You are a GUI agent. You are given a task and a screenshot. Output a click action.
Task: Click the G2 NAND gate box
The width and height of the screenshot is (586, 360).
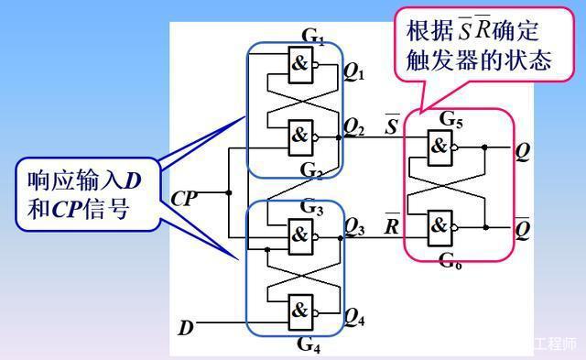[x=301, y=135]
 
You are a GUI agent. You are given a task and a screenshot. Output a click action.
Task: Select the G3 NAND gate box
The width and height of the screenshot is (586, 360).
[x=301, y=233]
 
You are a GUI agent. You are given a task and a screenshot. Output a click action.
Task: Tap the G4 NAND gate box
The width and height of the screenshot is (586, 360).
[x=301, y=309]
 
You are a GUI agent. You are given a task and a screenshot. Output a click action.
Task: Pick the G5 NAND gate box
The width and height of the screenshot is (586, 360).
[x=441, y=147]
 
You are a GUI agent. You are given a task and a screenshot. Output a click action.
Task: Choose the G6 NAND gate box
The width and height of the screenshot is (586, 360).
[x=441, y=225]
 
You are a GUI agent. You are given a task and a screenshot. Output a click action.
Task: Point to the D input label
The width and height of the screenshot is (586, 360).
[x=186, y=326]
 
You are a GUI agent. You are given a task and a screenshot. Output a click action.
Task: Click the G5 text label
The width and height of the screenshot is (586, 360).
[x=450, y=118]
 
